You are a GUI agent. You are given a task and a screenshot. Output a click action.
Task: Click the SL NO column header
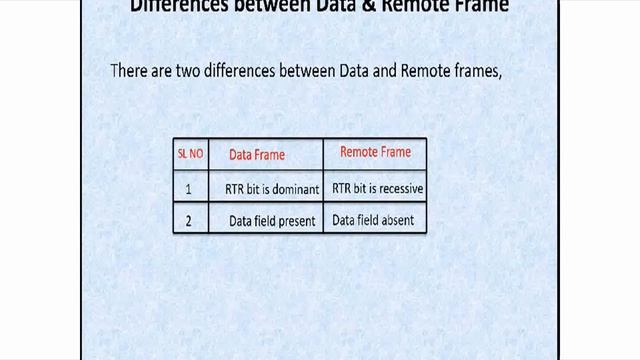pyautogui.click(x=190, y=153)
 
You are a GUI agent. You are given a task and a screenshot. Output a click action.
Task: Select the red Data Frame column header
pyautogui.click(x=257, y=155)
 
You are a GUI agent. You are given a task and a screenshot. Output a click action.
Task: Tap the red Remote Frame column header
pyautogui.click(x=375, y=152)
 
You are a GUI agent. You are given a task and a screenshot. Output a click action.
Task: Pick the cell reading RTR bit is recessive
pyautogui.click(x=378, y=188)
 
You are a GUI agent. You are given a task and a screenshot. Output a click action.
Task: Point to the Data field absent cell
pyautogui.click(x=373, y=220)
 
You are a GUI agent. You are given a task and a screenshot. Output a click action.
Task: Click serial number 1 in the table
pyautogui.click(x=189, y=188)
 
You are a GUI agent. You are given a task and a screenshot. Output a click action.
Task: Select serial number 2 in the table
pyautogui.click(x=189, y=220)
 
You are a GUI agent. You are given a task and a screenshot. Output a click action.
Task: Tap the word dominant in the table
pyautogui.click(x=294, y=188)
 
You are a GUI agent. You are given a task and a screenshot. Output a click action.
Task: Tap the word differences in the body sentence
pyautogui.click(x=255, y=71)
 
